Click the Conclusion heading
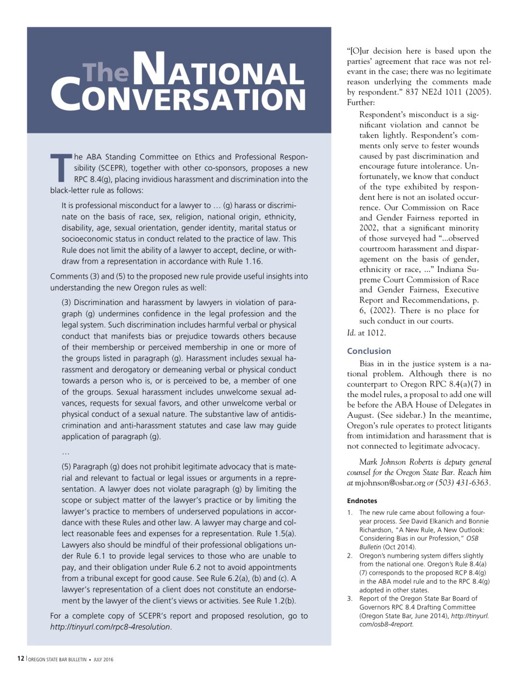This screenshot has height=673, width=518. pos(369,351)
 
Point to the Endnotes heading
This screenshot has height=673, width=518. pos(361,500)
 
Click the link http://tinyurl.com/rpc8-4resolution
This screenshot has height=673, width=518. pos(111,626)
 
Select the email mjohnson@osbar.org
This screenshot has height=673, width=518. pos(398,483)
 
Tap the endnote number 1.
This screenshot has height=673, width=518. pos(350,513)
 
